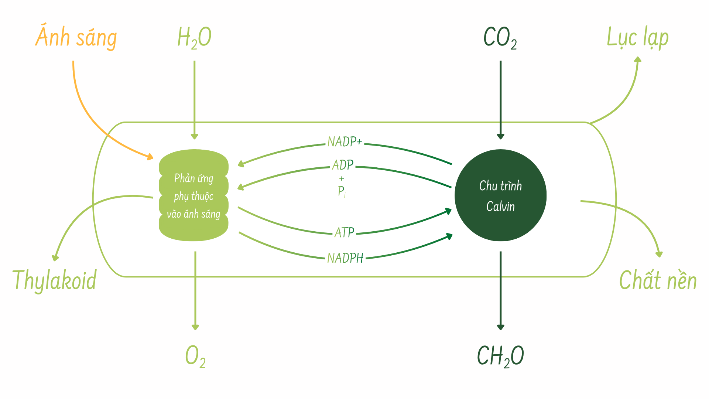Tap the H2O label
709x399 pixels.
194,38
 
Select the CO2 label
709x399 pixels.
500,38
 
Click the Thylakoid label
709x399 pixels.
55,280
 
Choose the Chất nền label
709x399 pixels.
658,280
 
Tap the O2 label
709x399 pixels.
195,357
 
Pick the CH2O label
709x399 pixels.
500,356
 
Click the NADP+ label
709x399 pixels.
345,142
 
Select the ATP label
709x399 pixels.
344,232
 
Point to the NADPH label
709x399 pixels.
345,258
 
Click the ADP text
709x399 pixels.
343,165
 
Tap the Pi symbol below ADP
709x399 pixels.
342,191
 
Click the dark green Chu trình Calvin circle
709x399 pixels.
500,195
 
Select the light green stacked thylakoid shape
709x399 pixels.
193,195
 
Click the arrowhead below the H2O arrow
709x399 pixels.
195,136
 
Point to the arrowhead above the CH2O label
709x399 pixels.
501,327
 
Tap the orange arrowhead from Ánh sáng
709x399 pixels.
150,157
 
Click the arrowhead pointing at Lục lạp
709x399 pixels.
637,59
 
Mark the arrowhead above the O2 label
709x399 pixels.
195,327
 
